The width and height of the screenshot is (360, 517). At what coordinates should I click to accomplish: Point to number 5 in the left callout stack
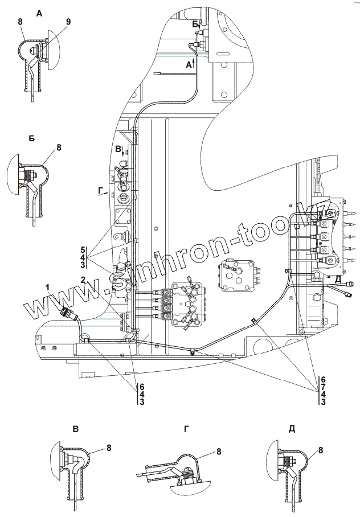click(83, 250)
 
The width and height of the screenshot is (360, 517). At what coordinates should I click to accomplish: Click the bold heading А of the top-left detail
click(39, 13)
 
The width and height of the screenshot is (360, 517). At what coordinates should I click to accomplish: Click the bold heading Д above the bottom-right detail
click(292, 429)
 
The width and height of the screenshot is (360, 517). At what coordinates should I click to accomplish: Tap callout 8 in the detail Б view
click(59, 147)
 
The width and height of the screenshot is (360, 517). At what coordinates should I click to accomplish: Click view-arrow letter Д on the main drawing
click(338, 278)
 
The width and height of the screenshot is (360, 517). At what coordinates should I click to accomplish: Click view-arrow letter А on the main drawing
click(189, 65)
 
